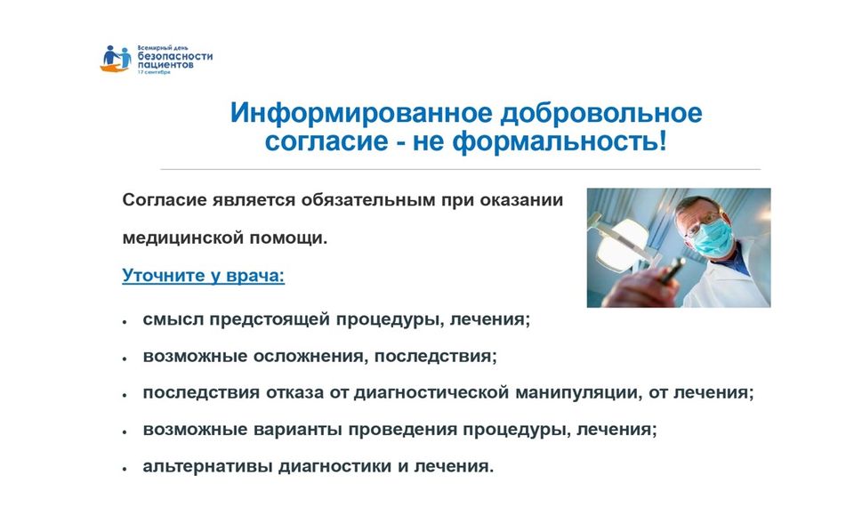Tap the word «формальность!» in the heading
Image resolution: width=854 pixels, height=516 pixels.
(560, 141)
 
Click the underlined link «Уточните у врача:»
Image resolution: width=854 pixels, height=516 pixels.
(203, 276)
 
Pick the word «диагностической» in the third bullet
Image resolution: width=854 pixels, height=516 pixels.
(431, 393)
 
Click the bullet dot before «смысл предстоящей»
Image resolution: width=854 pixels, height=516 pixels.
(125, 322)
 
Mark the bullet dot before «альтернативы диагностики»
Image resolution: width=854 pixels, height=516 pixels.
(125, 469)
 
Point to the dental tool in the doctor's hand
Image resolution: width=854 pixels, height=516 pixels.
(672, 270)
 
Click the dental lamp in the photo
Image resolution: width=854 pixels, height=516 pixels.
(619, 244)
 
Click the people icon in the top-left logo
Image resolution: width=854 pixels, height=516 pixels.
(116, 59)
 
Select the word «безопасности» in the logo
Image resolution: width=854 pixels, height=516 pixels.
(175, 56)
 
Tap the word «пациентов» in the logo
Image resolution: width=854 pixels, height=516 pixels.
(165, 65)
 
